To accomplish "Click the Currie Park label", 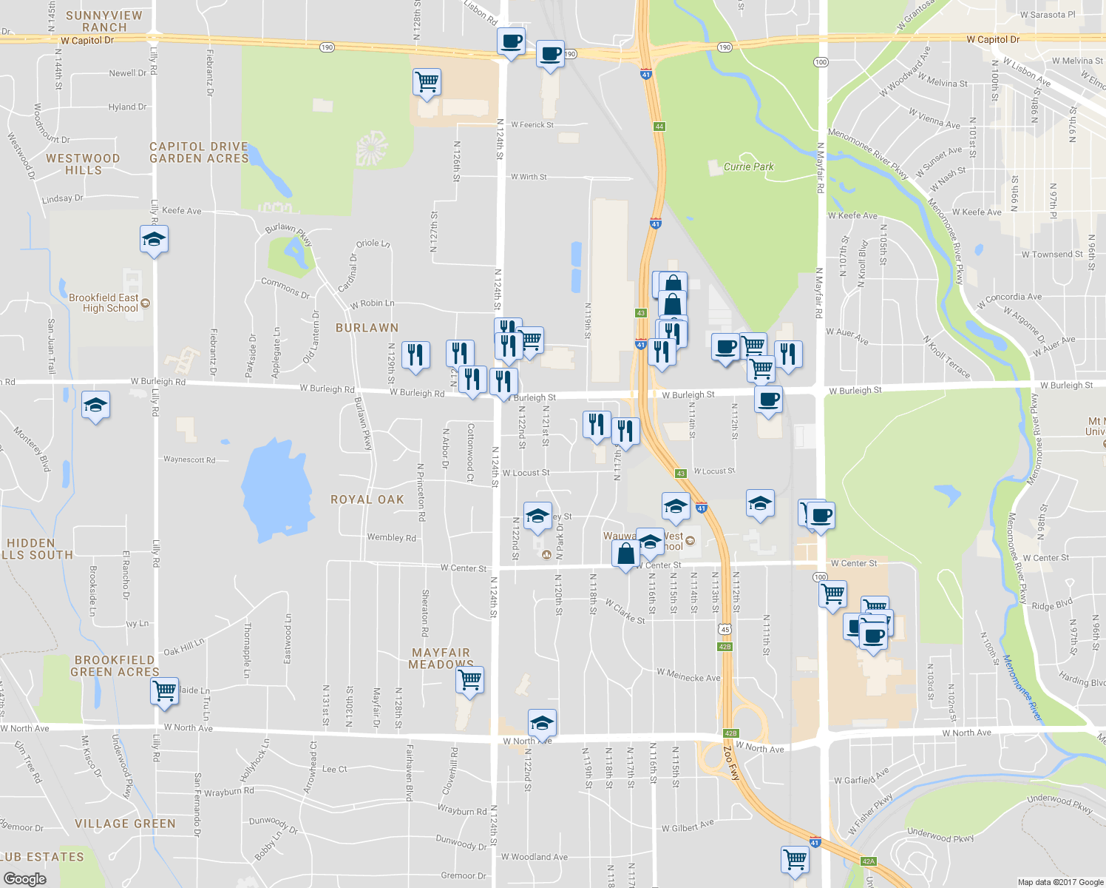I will (x=748, y=166).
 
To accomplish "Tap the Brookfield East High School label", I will (x=104, y=303).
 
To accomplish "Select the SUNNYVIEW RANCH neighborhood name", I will (x=104, y=21).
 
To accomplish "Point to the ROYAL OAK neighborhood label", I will (x=367, y=499).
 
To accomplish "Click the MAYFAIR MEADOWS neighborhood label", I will (x=441, y=658).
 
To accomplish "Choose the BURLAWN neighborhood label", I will (x=367, y=327).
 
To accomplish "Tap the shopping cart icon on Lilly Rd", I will (x=164, y=690).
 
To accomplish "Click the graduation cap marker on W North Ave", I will (x=542, y=723).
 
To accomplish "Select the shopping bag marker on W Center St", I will (x=625, y=554).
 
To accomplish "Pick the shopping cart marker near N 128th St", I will (x=427, y=81).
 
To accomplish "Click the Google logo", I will (x=24, y=878).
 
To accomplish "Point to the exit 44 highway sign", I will (x=659, y=127).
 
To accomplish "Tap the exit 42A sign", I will (x=868, y=861).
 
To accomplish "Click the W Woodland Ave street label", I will (x=535, y=857).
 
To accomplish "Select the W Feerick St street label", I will (x=532, y=125).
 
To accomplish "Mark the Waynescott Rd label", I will (x=189, y=460).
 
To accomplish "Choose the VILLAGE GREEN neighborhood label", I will (x=125, y=824).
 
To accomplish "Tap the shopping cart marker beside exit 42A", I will (x=795, y=859).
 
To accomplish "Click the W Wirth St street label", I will (x=529, y=177).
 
